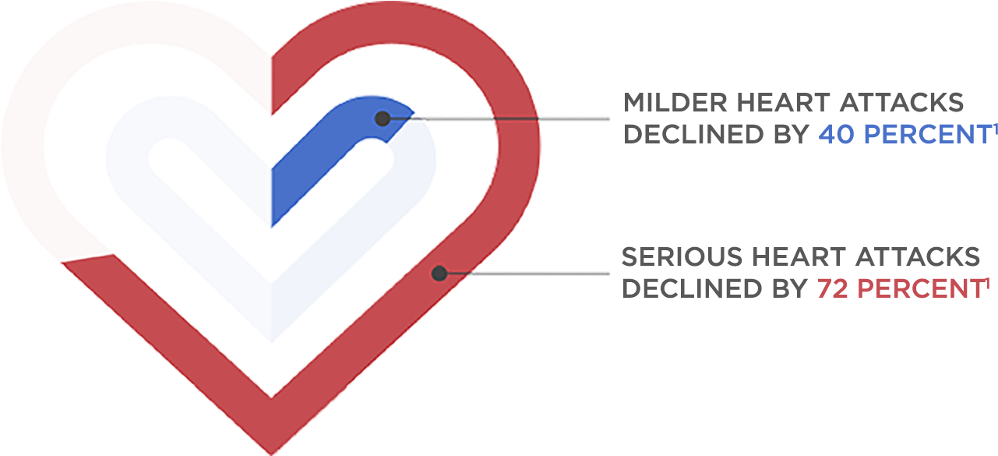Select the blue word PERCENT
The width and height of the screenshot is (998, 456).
click(927, 134)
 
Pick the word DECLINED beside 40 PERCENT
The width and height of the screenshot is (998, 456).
click(696, 134)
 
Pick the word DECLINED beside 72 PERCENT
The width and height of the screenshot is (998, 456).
click(696, 288)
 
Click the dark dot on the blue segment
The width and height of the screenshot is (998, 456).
click(382, 118)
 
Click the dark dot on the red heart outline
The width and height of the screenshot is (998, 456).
click(439, 273)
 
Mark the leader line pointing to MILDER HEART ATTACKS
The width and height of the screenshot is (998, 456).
click(506, 118)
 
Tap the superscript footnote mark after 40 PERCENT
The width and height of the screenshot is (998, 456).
click(996, 127)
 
